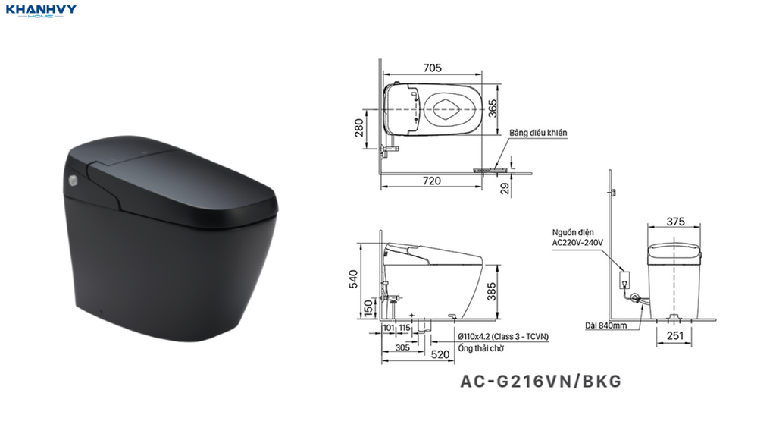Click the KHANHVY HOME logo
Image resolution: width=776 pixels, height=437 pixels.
[x=41, y=11]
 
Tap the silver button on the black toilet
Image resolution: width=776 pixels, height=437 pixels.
[x=74, y=181]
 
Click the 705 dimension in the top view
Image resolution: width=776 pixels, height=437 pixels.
[x=432, y=68]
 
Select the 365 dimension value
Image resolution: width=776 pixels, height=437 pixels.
[x=493, y=108]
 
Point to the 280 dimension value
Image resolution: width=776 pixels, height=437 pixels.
[x=359, y=127]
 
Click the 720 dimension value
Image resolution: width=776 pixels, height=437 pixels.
[x=431, y=181]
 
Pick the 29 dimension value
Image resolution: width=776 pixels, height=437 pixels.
[x=504, y=188]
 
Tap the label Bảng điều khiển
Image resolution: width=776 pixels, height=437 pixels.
[x=538, y=133]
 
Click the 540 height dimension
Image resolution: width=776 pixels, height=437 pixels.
[x=353, y=279]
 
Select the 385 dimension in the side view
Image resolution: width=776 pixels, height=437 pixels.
[x=491, y=291]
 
